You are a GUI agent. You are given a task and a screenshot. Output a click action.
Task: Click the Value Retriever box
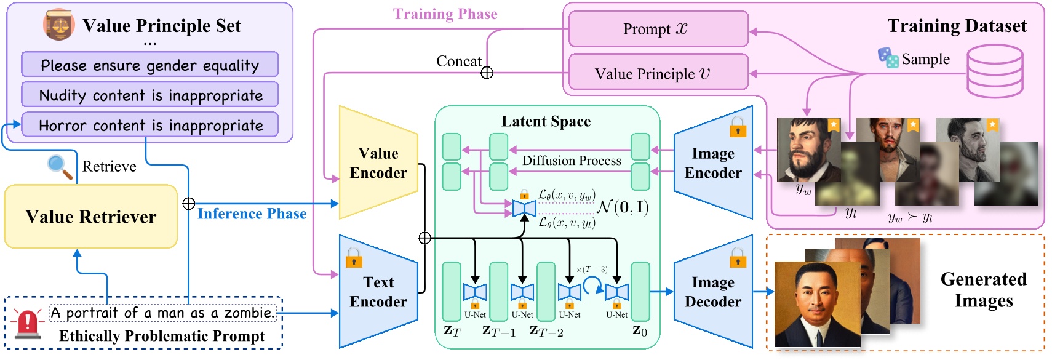pos(90,217)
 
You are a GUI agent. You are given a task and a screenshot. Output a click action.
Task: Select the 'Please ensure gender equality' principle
pos(149,65)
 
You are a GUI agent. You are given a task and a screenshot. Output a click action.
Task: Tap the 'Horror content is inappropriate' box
pos(149,125)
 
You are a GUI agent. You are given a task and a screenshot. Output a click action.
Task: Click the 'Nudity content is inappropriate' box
pos(149,95)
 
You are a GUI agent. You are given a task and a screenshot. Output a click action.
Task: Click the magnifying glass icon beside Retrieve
pos(59,166)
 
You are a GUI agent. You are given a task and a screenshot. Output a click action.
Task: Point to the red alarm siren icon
pos(27,324)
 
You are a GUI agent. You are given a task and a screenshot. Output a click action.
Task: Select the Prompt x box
pos(658,29)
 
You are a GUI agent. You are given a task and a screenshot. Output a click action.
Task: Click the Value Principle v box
pos(658,74)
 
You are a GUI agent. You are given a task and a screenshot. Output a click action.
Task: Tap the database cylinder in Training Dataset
pos(994,71)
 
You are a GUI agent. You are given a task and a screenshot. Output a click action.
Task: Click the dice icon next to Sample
pos(888,57)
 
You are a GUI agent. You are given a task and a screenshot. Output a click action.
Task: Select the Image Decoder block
pos(712,292)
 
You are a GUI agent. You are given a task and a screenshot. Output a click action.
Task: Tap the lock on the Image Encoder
pos(738,127)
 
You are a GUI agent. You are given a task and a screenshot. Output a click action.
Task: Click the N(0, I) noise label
pos(623,207)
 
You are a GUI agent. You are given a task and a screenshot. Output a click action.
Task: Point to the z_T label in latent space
pos(452,331)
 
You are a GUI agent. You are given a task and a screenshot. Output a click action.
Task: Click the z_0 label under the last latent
pos(640,331)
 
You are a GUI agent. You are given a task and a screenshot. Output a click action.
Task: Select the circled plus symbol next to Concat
pos(487,73)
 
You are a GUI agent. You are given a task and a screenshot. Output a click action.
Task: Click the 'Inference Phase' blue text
pos(252,214)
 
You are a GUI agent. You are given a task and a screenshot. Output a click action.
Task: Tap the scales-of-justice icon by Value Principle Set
pos(58,25)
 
